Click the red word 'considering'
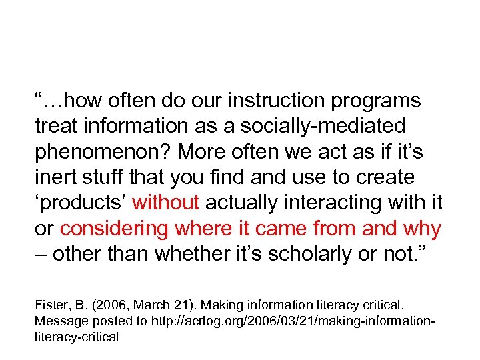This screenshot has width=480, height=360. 114,229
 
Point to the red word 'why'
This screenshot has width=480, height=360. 421,229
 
